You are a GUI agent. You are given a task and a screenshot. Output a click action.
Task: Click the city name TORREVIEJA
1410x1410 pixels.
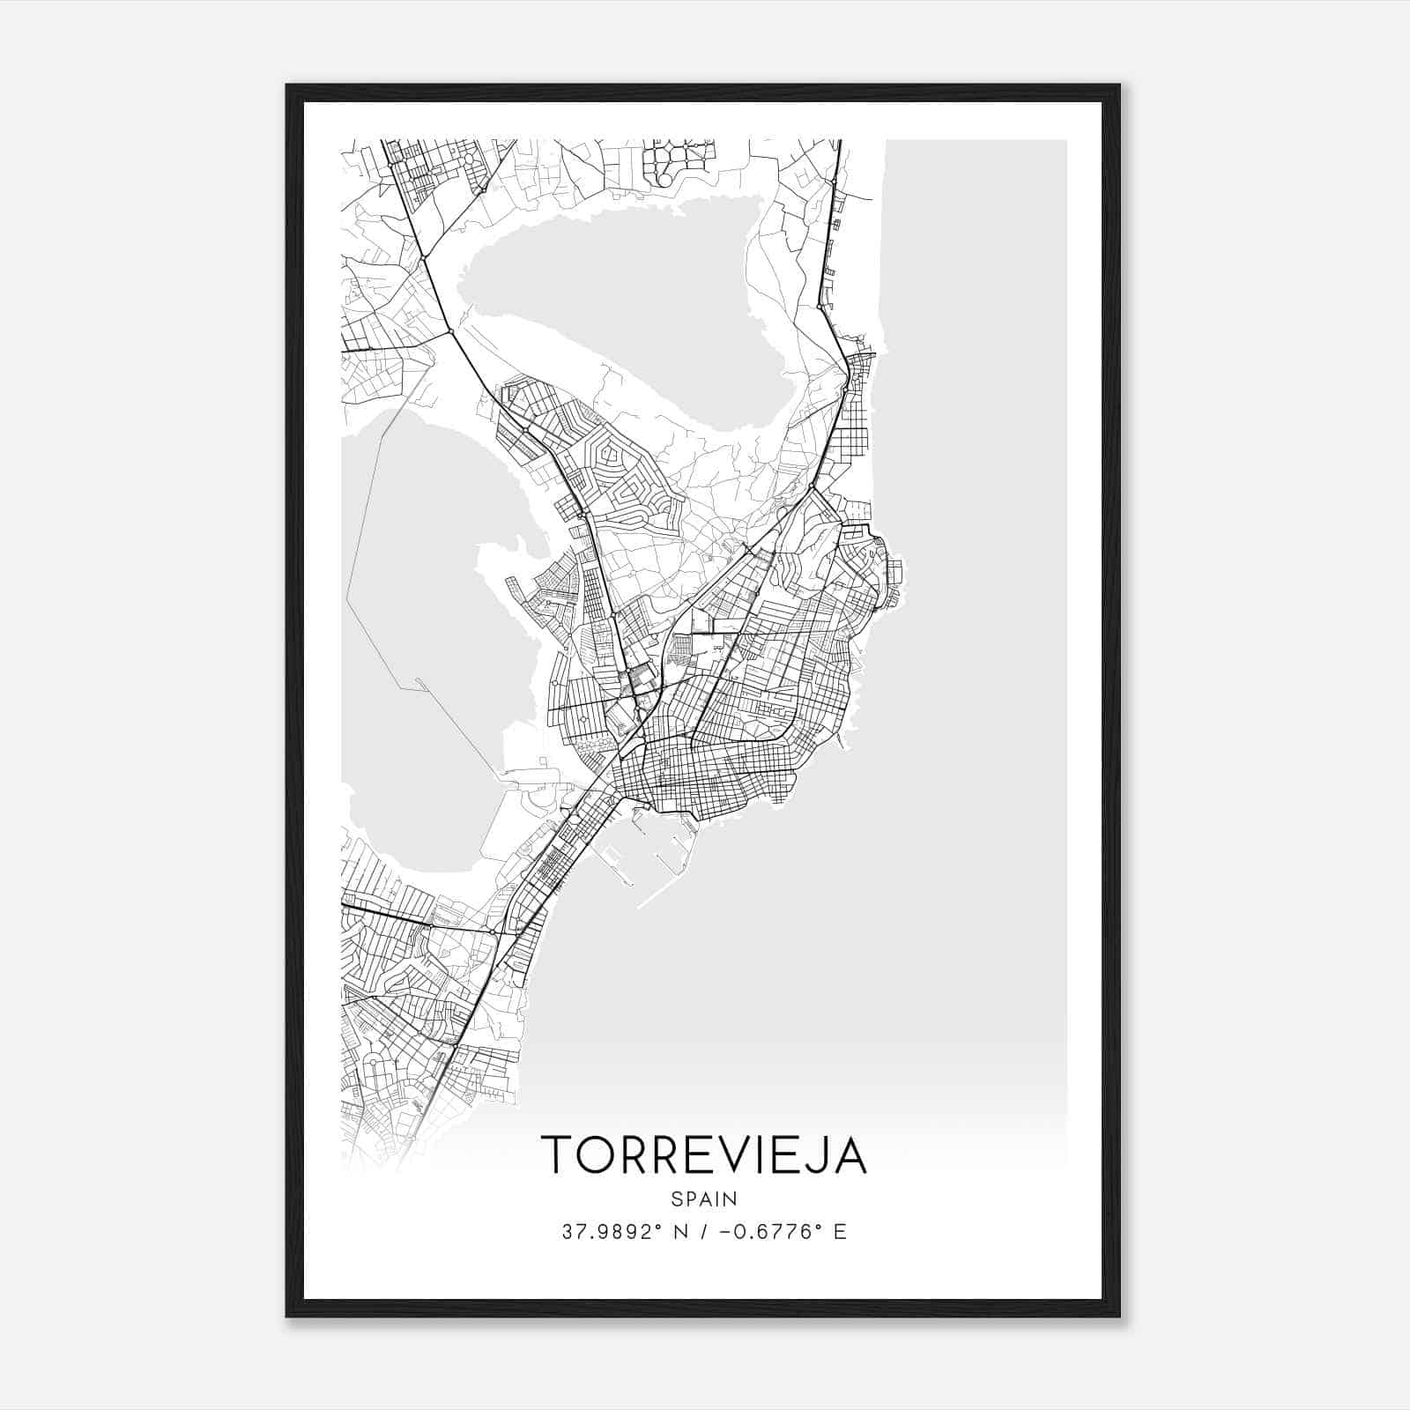tap(704, 1154)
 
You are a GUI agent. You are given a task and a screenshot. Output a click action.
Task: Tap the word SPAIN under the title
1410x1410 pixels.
tap(704, 1199)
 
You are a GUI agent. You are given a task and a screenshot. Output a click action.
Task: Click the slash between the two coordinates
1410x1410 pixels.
tap(704, 1232)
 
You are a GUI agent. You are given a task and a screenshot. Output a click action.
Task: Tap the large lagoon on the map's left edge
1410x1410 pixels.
tap(414, 634)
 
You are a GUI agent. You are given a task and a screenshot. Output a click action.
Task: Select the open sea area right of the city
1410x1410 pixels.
tap(969, 617)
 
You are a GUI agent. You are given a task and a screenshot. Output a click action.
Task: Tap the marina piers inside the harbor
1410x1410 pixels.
tap(617, 859)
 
